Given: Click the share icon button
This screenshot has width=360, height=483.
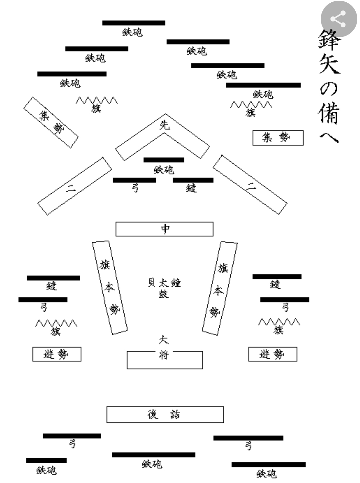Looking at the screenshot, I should coord(338,19).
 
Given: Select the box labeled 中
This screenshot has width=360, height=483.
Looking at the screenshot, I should coord(164,229).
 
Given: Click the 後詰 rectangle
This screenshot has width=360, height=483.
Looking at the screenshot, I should coord(165,414).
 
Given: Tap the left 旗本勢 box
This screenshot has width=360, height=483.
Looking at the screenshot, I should coord(110,288).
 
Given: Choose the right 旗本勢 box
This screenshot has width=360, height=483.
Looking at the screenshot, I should coord(220,288).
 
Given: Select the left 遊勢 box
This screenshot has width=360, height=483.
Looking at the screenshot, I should coord(57,354).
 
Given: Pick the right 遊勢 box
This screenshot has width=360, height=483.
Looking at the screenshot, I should coord(273,354).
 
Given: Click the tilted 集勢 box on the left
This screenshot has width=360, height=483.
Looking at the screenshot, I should coord(51,122).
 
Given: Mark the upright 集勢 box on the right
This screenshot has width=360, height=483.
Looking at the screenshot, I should coord(278,138).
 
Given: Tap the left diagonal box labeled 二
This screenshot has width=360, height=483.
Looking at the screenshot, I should coord(74,186).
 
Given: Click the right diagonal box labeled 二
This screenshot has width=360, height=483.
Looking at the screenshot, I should coord(250,185).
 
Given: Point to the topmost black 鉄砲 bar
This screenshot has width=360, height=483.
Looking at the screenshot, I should coord(134,23).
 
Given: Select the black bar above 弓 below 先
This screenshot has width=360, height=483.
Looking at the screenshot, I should coord(134,180).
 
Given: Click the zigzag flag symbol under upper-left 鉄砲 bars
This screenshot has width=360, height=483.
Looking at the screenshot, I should coord(96,100).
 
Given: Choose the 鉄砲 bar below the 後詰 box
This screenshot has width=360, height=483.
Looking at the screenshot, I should coord(154,455).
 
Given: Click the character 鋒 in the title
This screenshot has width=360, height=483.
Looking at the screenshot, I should coord(329,40).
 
